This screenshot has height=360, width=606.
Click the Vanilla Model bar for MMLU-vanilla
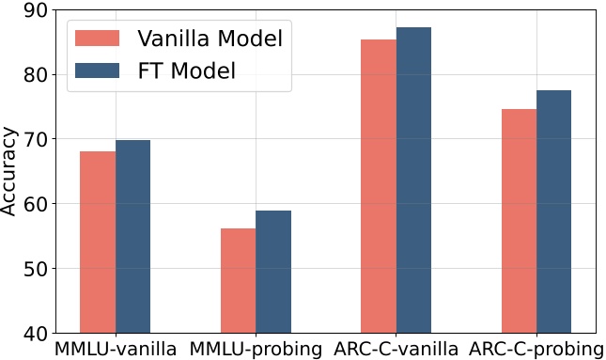pos(98,242)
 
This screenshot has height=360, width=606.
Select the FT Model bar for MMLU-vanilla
pos(132,236)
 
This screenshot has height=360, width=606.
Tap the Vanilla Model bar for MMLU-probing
pos(238,280)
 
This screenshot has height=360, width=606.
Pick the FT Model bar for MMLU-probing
pos(273,272)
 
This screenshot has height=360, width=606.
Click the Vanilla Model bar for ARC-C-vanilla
pos(379,186)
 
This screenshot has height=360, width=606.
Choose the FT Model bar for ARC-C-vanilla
pos(413,180)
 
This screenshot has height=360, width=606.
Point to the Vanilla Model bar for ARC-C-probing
pos(519,221)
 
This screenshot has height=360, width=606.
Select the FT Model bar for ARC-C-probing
pos(554,211)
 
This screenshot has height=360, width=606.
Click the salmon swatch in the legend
pos(98,38)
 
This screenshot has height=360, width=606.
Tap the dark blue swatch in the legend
pos(98,70)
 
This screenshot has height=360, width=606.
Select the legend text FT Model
pos(185,70)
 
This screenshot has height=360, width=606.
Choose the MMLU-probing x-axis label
pos(256,350)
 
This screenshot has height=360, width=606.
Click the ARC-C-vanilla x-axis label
pos(396,350)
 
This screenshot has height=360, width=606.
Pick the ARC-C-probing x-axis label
pos(536,350)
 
